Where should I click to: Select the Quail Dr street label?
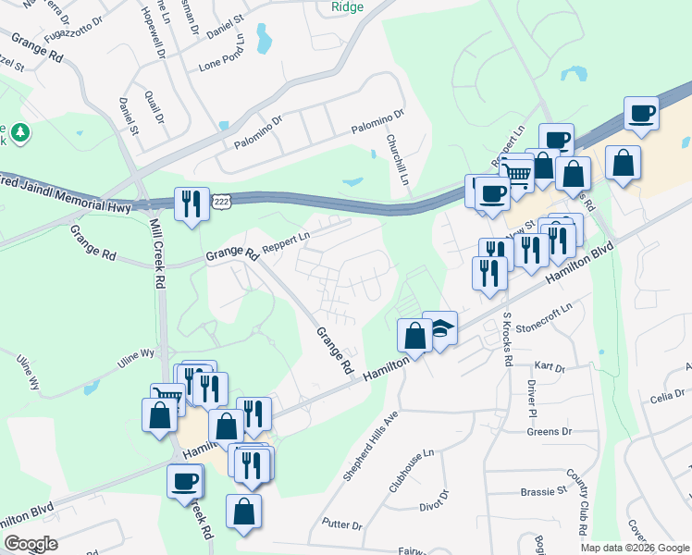[154, 105]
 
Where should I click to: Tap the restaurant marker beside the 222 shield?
[191, 203]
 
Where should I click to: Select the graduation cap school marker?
[440, 328]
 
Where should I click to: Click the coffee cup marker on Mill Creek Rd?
[185, 481]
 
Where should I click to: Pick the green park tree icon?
[19, 135]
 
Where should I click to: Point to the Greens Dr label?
[550, 432]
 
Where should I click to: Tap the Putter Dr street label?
[343, 524]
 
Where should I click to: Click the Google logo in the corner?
[31, 544]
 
